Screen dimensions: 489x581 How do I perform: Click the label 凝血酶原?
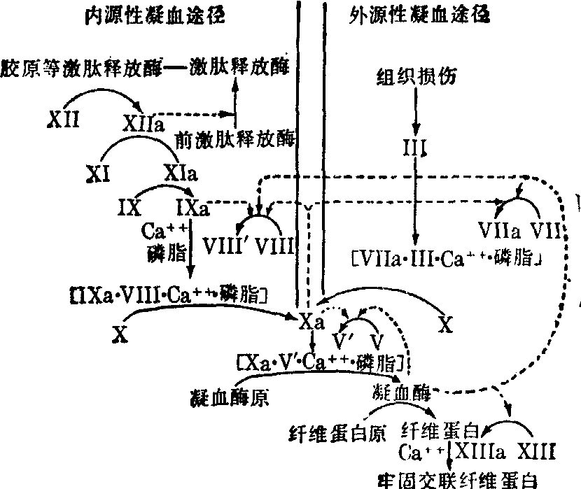point(228,397)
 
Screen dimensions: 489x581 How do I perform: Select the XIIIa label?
point(480,451)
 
